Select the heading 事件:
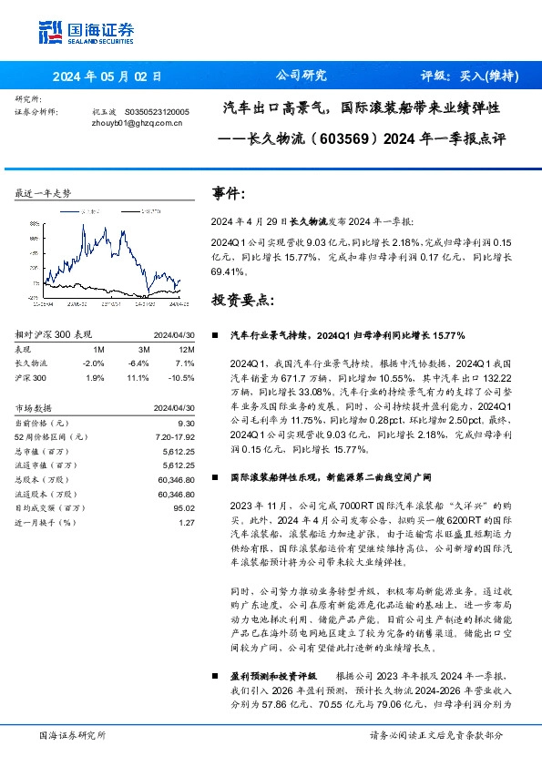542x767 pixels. (x=228, y=194)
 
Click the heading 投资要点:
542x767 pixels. (x=240, y=300)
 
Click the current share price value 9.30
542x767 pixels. (x=186, y=423)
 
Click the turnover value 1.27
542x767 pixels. (x=187, y=522)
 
